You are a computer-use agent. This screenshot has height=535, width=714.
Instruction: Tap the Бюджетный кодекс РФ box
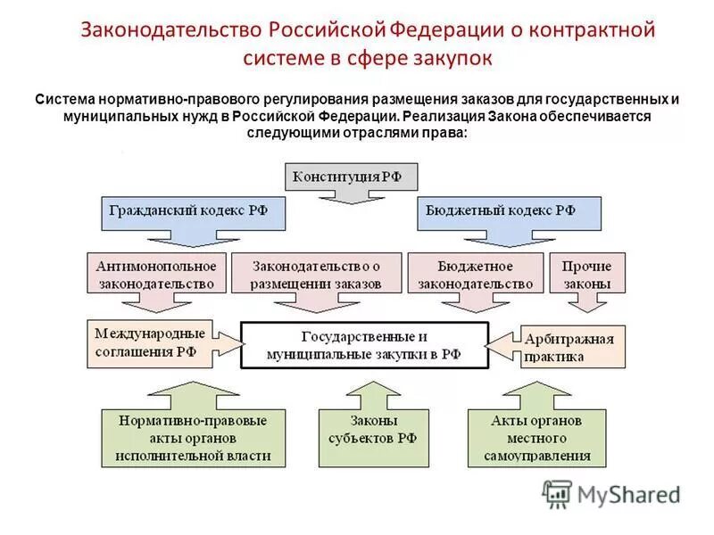coord(508,211)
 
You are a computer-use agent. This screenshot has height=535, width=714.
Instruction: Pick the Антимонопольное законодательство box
coord(153,274)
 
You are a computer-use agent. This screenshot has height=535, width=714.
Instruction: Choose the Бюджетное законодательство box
coord(476,274)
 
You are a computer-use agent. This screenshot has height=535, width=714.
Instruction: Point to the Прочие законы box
coord(586,274)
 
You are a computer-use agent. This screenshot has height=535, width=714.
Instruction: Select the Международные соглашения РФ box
coord(151,342)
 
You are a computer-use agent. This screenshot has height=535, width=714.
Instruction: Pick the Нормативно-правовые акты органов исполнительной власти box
coord(194,437)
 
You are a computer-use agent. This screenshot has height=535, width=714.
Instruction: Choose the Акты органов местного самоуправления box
coord(536,437)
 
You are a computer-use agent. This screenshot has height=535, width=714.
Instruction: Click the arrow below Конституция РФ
coord(351,195)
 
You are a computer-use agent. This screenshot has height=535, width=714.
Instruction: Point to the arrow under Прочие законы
coord(585,302)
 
